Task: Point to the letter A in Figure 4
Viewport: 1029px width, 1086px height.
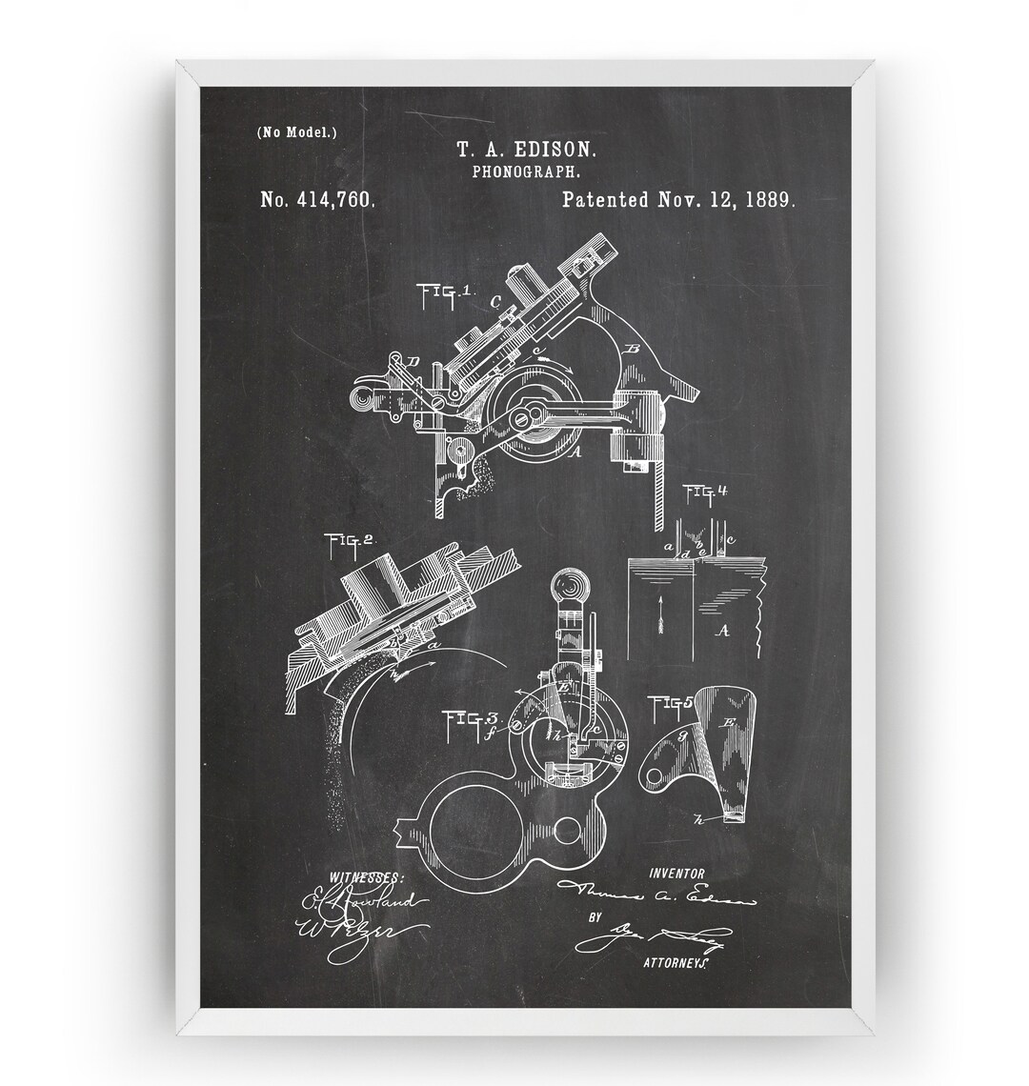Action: (723, 631)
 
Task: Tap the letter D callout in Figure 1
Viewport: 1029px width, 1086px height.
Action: (413, 361)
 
